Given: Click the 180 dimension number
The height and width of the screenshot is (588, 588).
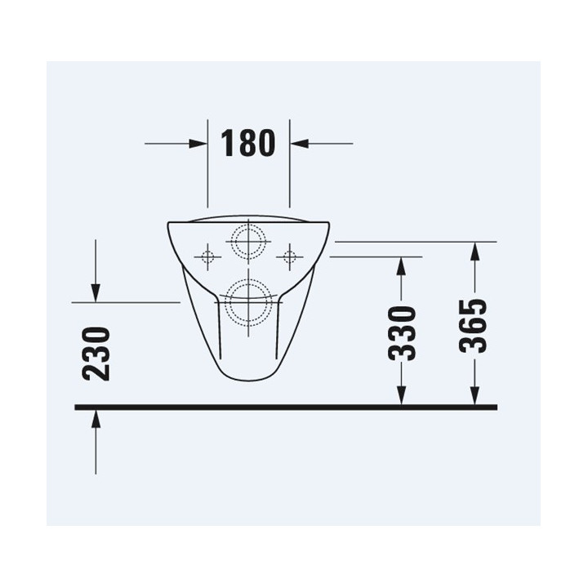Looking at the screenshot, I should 248,143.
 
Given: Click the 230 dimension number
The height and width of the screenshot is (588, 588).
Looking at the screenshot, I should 96,354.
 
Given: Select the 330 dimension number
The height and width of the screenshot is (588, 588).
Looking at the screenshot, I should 402,333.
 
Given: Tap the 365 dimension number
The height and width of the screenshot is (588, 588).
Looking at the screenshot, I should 474,326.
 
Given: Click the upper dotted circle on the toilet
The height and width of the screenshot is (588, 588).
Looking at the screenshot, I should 248,241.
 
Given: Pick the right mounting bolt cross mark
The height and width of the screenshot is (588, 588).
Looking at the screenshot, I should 288,258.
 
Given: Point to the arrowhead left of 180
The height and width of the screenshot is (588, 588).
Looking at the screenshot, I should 198,144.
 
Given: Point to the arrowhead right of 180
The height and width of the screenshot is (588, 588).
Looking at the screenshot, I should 300,144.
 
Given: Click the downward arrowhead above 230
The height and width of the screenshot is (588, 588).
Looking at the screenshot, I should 96,293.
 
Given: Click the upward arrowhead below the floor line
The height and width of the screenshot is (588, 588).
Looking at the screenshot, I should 96,419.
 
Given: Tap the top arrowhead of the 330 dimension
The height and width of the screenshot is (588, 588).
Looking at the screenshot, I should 401,265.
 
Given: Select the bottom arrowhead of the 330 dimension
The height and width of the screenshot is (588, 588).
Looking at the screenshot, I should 401,395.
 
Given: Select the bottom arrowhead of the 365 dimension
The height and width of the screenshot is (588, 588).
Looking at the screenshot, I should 474,395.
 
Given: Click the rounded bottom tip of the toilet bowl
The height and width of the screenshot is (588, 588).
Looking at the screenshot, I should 247,380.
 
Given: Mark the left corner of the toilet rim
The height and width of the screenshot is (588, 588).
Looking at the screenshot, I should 169,224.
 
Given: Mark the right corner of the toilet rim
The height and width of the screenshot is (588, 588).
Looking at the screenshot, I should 328,224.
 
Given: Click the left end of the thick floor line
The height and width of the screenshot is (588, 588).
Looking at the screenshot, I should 77,406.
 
